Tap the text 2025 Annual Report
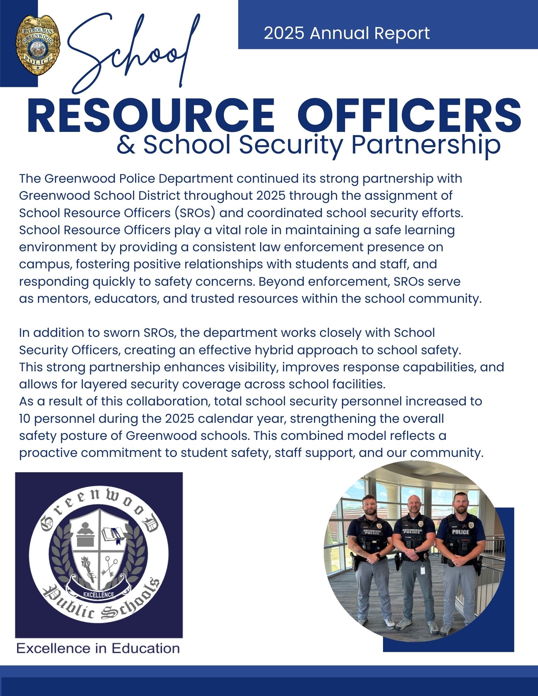(x=346, y=33)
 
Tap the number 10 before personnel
(x=25, y=418)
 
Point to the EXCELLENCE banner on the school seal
(x=99, y=594)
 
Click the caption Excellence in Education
(x=98, y=648)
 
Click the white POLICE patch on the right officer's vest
(x=460, y=532)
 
